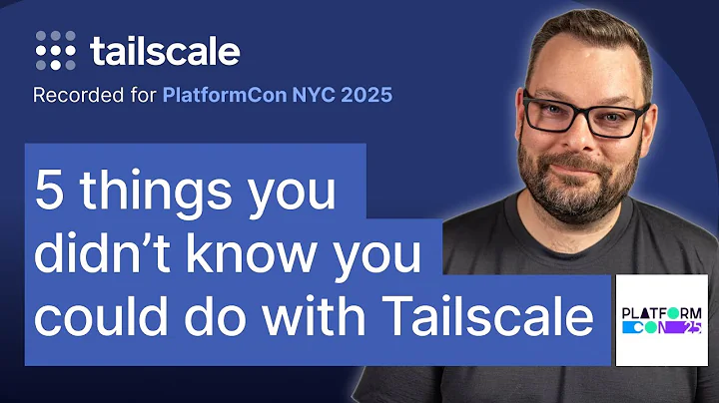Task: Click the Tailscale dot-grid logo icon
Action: (57, 49)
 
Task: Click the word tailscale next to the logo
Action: (165, 51)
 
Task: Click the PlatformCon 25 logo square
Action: (660, 321)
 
